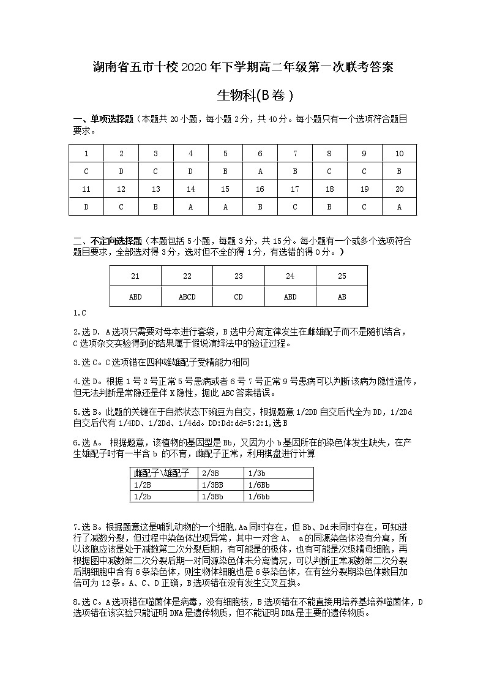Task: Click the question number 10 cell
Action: pos(399,154)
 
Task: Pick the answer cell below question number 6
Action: pos(260,172)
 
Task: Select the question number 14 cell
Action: pos(190,189)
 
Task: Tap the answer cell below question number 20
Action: pos(399,207)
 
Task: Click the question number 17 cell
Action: pos(295,189)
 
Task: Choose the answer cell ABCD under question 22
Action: pos(187,297)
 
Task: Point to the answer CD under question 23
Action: pos(239,297)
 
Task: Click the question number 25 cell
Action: pos(342,276)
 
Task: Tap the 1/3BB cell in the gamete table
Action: pos(212,485)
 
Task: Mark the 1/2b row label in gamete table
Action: pos(142,496)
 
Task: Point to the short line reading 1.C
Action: pos(80,314)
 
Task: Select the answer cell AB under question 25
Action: pos(342,297)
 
